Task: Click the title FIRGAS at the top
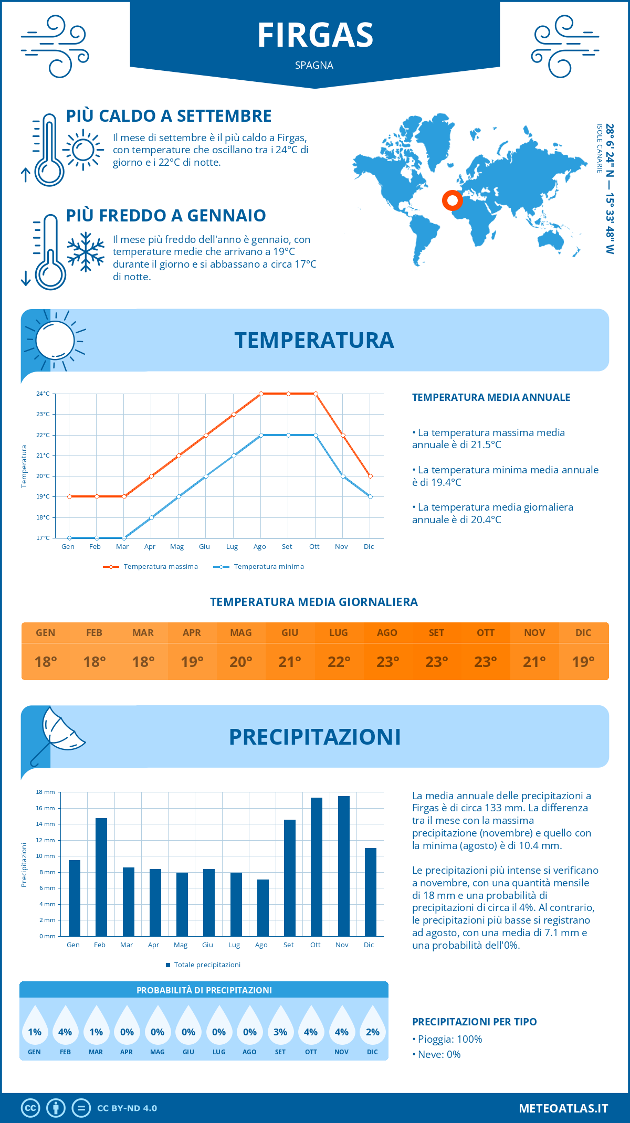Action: (315, 35)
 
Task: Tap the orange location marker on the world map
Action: (451, 200)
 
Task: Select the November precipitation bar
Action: (343, 866)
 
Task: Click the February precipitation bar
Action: (101, 877)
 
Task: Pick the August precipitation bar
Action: (262, 908)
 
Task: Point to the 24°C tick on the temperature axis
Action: (43, 394)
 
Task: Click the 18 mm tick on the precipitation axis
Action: (45, 792)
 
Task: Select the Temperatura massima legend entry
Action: (151, 567)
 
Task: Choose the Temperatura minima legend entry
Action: (259, 567)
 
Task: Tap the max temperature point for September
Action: (288, 394)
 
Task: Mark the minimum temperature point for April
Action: (151, 517)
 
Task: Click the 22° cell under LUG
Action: (339, 662)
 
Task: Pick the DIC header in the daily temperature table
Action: (583, 633)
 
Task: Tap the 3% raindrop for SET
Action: (280, 1032)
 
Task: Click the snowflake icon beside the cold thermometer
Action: (86, 252)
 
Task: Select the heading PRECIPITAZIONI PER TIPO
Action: (474, 1022)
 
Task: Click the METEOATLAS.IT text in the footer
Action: (563, 1108)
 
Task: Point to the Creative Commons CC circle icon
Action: (30, 1108)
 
